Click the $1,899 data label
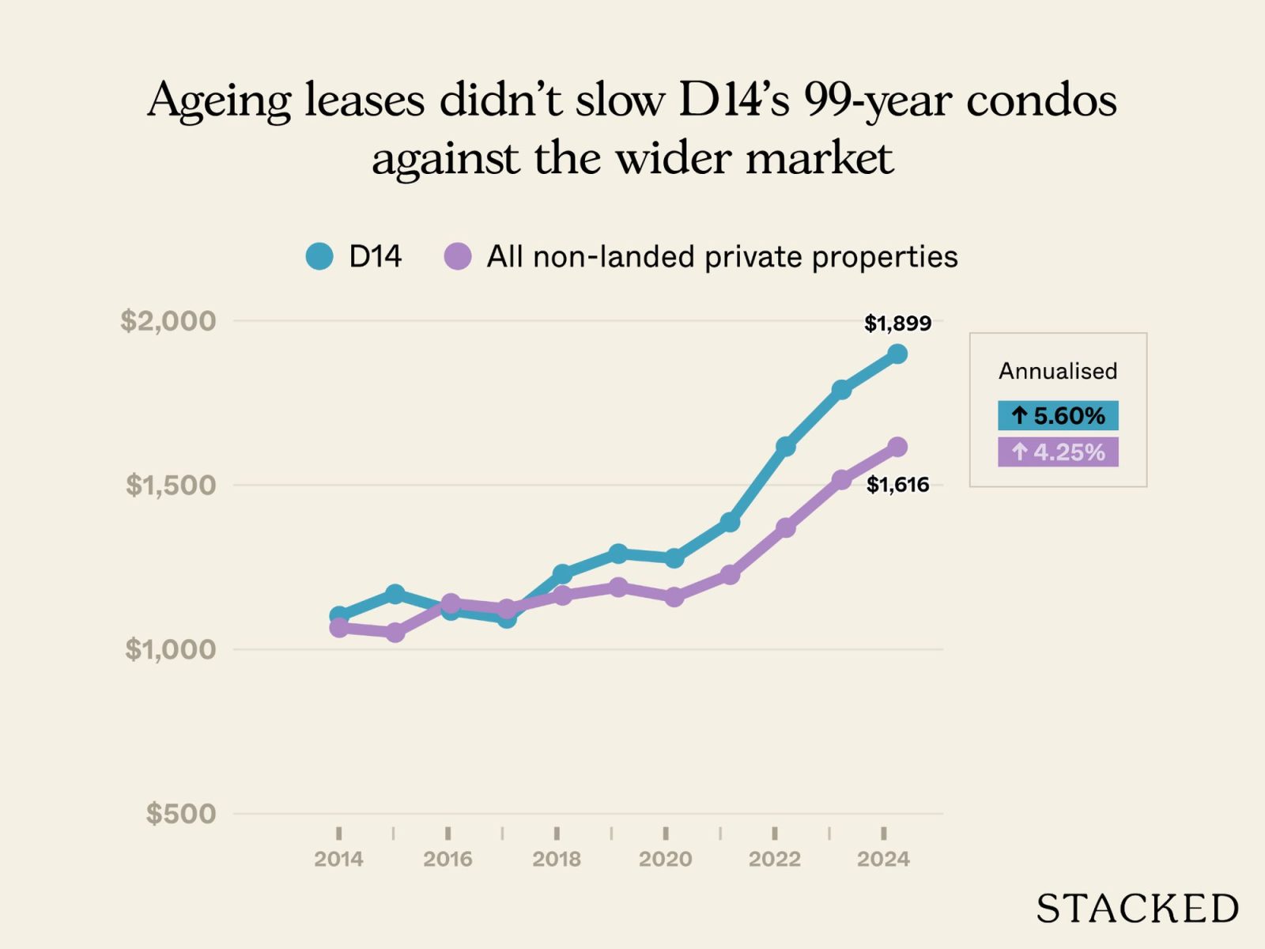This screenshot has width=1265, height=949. tap(897, 323)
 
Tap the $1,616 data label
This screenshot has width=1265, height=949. tap(897, 485)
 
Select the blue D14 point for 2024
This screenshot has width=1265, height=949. tap(897, 354)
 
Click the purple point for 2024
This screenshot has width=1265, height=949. tap(897, 448)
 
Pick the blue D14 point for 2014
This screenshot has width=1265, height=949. tap(338, 615)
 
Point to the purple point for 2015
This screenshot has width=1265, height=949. tap(395, 633)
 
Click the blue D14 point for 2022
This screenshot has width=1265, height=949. tap(785, 447)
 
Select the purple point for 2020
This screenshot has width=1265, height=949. tap(674, 597)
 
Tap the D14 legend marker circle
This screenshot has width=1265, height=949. tap(319, 256)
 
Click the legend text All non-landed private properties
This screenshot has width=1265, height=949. tap(721, 256)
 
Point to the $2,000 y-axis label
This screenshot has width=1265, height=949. tap(168, 320)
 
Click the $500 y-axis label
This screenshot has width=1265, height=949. tap(180, 813)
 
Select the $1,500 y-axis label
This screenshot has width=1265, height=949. tap(170, 485)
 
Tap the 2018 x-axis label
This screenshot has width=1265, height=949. tap(557, 859)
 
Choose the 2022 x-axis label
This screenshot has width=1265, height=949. tap(774, 859)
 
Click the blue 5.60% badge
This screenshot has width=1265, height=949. tap(1058, 415)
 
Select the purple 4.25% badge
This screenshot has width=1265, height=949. tap(1058, 452)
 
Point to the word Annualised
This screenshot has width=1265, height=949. tap(1058, 371)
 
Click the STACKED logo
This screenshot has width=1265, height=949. tap(1137, 909)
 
